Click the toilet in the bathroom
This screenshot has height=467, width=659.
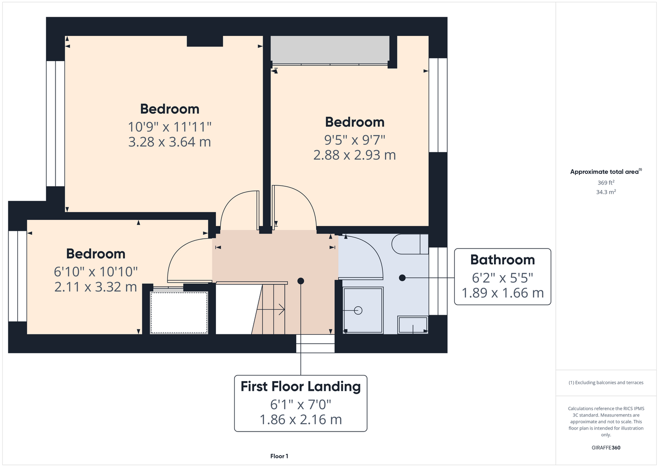point(410,244)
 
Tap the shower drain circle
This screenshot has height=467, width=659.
point(358,310)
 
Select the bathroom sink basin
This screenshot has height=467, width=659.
point(413,325)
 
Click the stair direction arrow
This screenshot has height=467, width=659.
point(271,310)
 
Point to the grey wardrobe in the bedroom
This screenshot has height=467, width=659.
point(330,50)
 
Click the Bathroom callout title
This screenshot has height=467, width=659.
point(502,260)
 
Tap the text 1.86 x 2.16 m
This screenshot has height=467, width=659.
point(301,419)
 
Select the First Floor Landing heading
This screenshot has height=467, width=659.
point(301,387)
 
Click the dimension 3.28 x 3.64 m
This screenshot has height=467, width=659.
point(169,142)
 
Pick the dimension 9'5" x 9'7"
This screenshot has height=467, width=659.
point(354,140)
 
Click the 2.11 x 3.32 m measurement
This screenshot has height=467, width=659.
point(96,287)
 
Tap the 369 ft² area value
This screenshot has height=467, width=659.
point(606,183)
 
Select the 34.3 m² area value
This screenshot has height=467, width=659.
point(606,192)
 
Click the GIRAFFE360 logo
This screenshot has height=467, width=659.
point(606,447)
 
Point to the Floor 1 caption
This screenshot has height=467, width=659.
point(279,456)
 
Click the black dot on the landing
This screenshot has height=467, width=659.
point(301,281)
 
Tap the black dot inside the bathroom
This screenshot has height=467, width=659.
point(402,277)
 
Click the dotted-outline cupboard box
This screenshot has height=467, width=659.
point(179,312)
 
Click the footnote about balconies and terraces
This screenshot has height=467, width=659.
point(606,382)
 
